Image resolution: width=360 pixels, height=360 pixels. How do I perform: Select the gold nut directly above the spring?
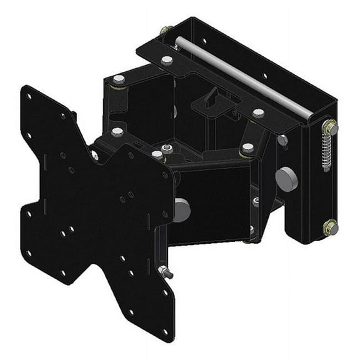coord(329,127)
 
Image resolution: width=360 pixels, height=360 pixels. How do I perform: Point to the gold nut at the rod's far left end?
coord(165,30)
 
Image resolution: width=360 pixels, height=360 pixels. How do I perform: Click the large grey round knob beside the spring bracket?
coord(286,179)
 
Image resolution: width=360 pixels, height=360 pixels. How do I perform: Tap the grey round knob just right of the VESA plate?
coord(182,209)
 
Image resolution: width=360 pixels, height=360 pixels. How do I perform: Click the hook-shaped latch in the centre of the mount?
coord(212,100)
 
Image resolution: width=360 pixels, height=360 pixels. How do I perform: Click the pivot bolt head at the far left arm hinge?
coord(118,80)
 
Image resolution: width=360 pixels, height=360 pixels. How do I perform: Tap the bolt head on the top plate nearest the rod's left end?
coord(167,60)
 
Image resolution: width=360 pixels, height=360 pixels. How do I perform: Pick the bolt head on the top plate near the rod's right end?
coord(257,113)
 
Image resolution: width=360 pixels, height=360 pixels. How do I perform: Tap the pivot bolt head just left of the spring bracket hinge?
coord(248,148)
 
